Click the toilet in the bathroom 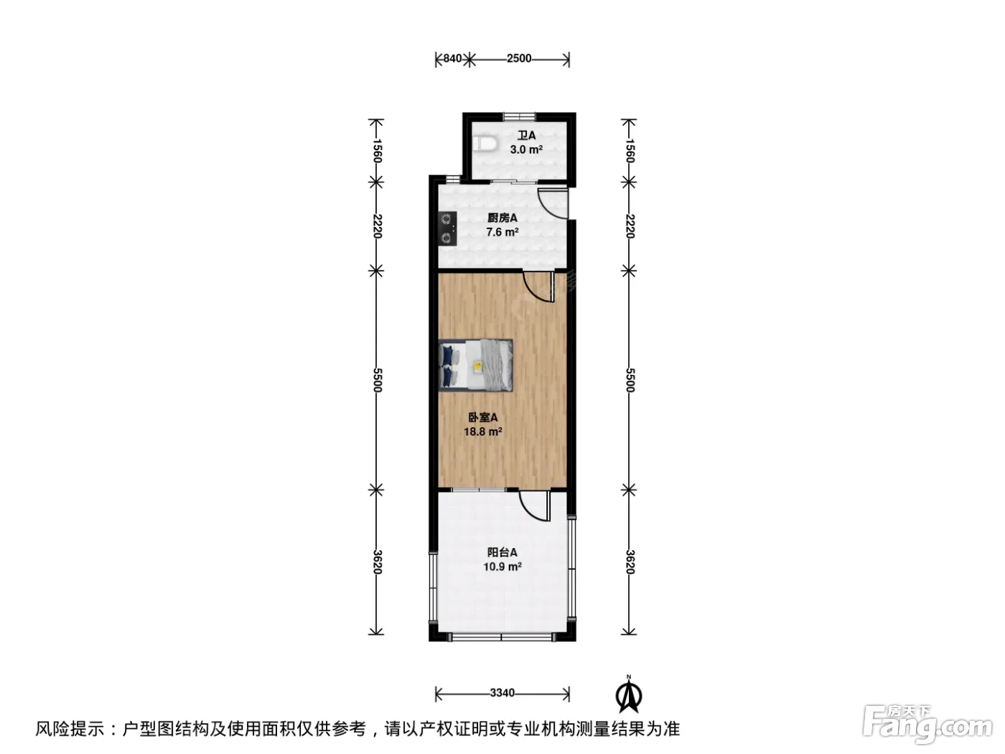tap(485, 144)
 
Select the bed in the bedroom tap(475, 366)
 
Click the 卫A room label tap(526, 136)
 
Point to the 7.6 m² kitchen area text tap(502, 232)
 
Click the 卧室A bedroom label tap(482, 417)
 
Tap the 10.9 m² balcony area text tap(502, 567)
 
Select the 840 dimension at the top tap(452, 59)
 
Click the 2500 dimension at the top tap(519, 59)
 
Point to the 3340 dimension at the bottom tap(502, 693)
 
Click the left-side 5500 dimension tap(376, 380)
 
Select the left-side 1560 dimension tap(376, 151)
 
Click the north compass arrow tap(629, 696)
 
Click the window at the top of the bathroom tap(519, 116)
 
